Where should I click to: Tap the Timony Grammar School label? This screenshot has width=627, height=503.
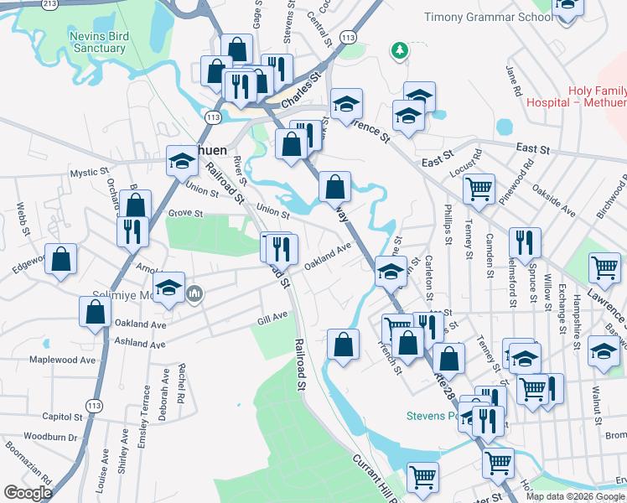click(x=489, y=17)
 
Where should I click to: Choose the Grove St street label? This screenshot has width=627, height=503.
click(x=186, y=214)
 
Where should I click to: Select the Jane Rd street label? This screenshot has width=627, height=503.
click(x=514, y=80)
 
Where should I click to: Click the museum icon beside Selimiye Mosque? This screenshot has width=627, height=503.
click(x=196, y=293)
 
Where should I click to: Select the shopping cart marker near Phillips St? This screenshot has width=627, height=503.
click(x=479, y=189)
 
